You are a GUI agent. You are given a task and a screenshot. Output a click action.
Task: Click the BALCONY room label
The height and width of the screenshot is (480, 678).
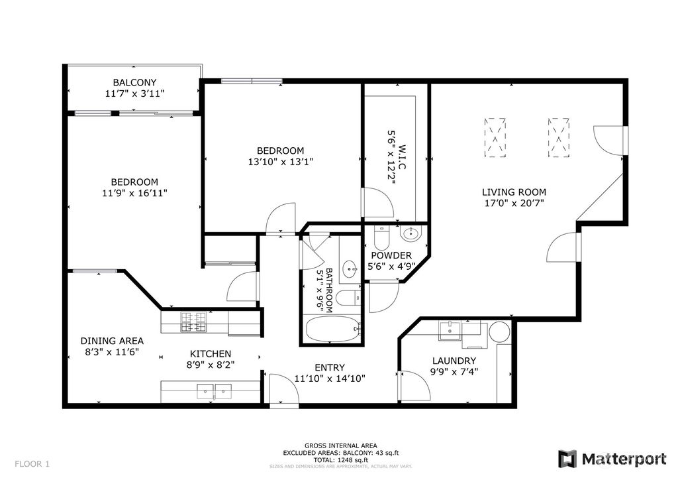pos(134,82)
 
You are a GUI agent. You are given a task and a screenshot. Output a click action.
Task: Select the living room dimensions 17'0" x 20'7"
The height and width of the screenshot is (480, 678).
pos(514,204)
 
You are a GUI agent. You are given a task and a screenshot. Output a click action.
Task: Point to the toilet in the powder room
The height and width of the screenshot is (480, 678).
pos(381,236)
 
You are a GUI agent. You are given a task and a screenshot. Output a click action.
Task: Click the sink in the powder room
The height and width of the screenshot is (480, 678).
pos(411,233)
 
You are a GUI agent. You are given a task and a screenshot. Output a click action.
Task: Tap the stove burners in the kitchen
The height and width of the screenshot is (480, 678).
pos(195,322)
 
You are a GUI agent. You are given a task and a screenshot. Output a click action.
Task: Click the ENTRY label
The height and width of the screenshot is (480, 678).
pos(329,367)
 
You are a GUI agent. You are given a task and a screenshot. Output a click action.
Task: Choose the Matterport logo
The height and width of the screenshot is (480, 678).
pos(612,458)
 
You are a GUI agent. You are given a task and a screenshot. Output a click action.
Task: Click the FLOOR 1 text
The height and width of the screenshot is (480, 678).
pos(32,463)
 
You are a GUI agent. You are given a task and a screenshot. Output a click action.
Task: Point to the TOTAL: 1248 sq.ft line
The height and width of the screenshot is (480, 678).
pos(340,459)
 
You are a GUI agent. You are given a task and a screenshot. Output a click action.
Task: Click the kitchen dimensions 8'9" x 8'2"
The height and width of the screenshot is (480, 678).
pos(211,364)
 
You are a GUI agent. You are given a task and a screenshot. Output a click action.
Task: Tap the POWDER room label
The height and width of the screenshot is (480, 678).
pos(391,255)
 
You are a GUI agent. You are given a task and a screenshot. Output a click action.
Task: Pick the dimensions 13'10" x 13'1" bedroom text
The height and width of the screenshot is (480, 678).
pos(281,161)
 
